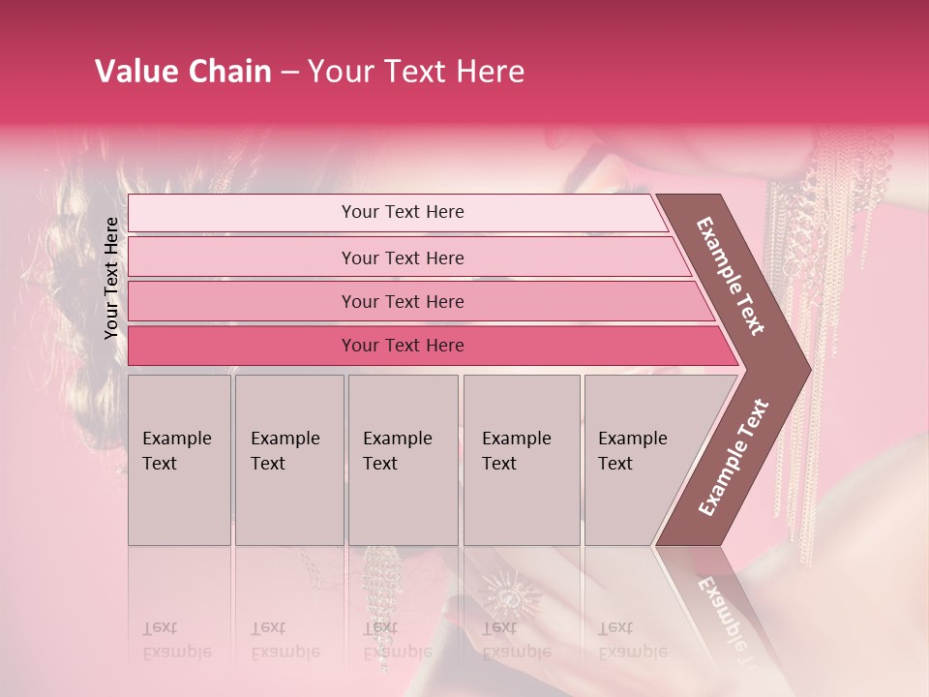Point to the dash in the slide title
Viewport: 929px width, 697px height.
(x=288, y=73)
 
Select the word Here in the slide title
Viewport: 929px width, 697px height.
(x=490, y=72)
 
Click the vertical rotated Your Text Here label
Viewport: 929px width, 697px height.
(x=112, y=278)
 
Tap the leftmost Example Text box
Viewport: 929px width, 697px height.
(x=179, y=459)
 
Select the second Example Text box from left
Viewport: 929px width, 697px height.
(x=289, y=459)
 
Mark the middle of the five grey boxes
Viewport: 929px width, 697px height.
(x=403, y=459)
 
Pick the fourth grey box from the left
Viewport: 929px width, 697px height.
(x=522, y=459)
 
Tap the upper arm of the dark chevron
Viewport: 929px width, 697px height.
(x=731, y=276)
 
